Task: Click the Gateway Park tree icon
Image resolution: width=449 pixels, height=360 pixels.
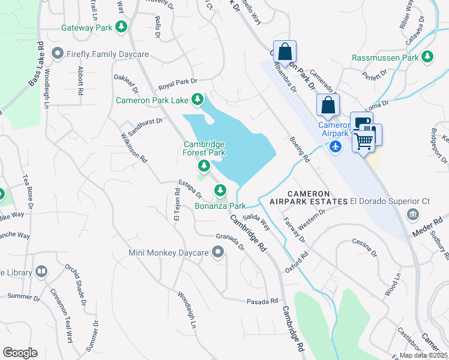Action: pyautogui.click(x=121, y=27)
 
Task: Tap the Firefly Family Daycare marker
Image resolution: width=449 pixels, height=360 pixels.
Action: pyautogui.click(x=58, y=54)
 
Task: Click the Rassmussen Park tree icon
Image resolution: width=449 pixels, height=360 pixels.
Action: pyautogui.click(x=427, y=58)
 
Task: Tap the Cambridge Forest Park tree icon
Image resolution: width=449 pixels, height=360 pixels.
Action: pyautogui.click(x=204, y=164)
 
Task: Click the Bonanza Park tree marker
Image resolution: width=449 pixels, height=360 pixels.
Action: pyautogui.click(x=220, y=191)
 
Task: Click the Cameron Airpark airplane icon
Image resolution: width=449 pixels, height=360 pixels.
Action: pyautogui.click(x=335, y=146)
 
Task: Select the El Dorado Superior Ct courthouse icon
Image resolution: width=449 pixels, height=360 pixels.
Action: pyautogui.click(x=412, y=214)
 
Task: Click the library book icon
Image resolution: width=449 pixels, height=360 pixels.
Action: pyautogui.click(x=41, y=272)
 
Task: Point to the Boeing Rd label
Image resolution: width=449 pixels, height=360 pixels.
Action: pyautogui.click(x=299, y=149)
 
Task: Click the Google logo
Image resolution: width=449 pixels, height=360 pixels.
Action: pyautogui.click(x=20, y=352)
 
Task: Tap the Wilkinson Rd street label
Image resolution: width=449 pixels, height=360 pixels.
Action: pyautogui.click(x=136, y=148)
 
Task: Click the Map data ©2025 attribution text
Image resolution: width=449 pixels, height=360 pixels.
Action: pyautogui.click(x=414, y=355)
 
